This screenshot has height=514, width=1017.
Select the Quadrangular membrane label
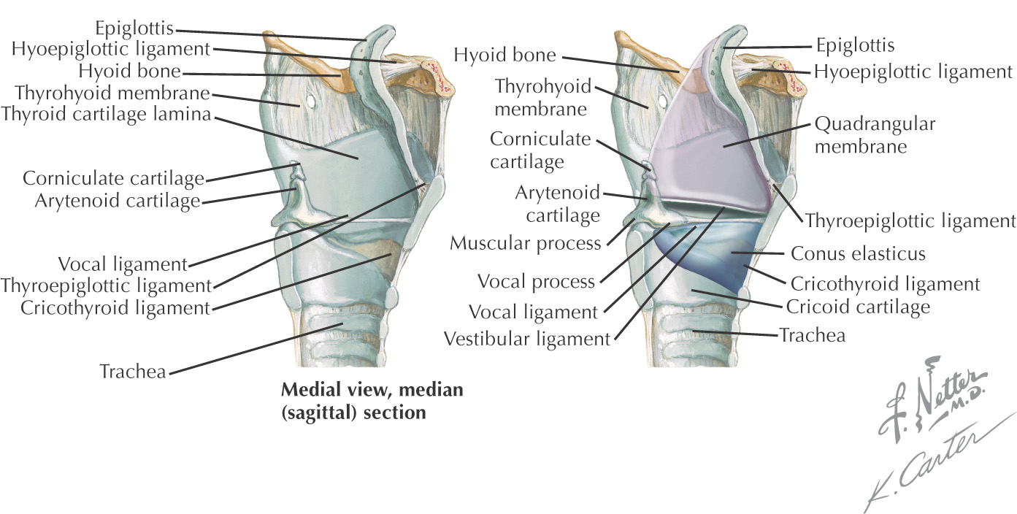point(875,135)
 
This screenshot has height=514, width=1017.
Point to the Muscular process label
point(525,242)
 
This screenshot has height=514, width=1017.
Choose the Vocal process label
point(536,280)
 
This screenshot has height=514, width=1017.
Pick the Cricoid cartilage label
point(858,307)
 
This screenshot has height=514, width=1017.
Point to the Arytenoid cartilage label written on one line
point(118,201)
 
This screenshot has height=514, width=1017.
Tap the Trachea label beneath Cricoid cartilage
point(813,335)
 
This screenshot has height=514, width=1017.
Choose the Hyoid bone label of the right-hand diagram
point(505,55)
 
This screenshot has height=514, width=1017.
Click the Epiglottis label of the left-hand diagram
point(135,28)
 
